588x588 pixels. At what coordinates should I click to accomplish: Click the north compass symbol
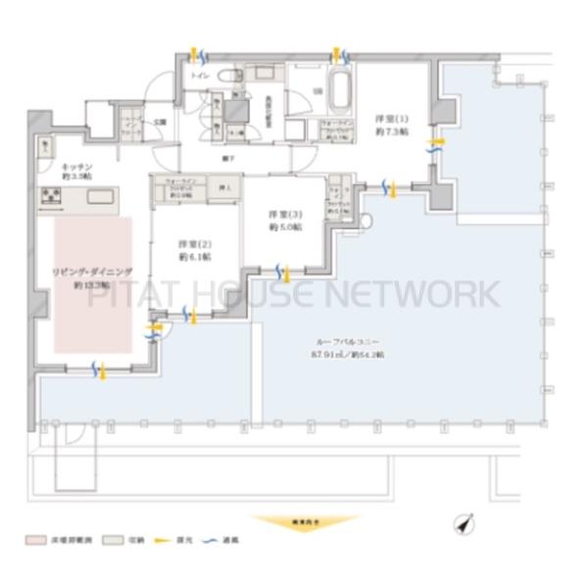(465, 524)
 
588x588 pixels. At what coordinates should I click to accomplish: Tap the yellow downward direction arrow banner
(294, 522)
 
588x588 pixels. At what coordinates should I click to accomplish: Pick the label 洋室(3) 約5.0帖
(285, 220)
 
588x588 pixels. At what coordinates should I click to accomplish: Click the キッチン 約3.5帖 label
(75, 172)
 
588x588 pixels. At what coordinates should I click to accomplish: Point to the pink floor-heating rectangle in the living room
(92, 284)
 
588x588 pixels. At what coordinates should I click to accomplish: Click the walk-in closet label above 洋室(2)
(179, 188)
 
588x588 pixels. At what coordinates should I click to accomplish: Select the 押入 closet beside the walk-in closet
(224, 186)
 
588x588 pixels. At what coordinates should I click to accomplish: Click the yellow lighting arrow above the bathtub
(340, 54)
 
